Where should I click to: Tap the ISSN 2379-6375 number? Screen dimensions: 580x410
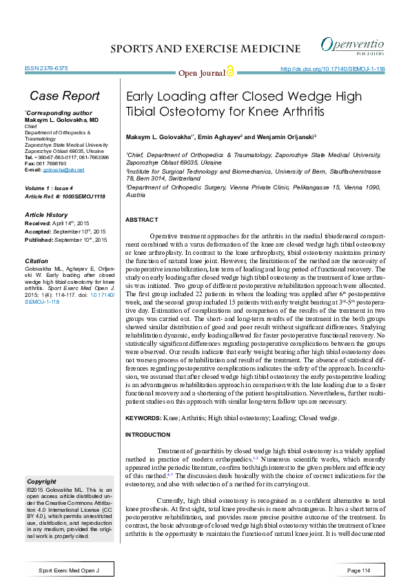coord(45,69)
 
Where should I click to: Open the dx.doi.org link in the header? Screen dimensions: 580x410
coord(333,69)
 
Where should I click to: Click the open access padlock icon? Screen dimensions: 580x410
coord(230,72)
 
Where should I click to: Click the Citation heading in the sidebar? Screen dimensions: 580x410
coord(37,262)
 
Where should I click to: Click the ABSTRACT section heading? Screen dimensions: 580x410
coord(143,219)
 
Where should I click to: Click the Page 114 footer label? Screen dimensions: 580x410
coord(359,571)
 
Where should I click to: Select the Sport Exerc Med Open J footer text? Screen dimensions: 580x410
coord(70,571)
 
